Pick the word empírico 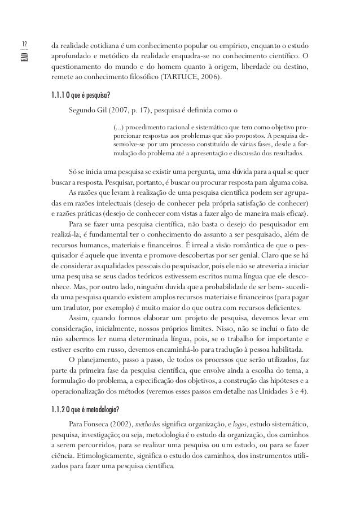point(226,45)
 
